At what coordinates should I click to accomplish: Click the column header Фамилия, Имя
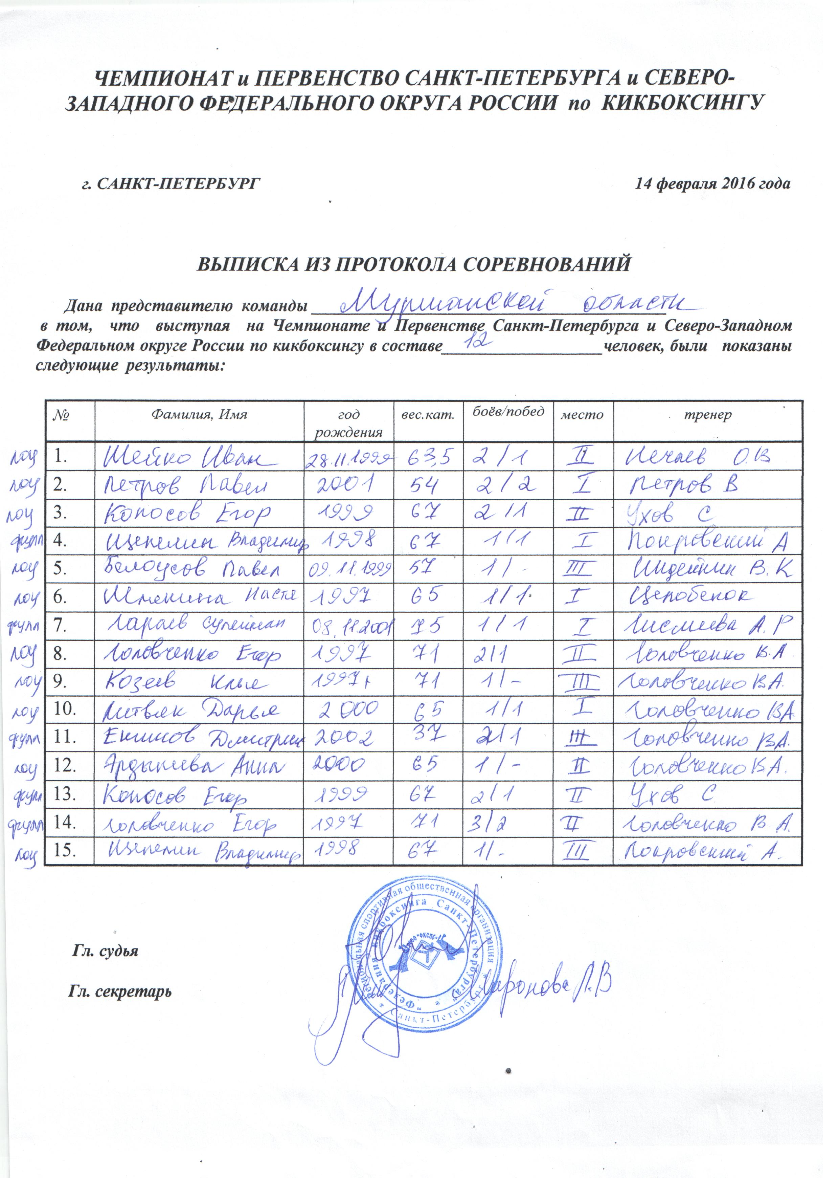click(x=199, y=415)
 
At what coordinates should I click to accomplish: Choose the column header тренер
click(x=708, y=415)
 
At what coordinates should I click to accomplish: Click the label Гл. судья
click(x=105, y=951)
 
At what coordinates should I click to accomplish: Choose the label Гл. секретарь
click(x=120, y=992)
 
